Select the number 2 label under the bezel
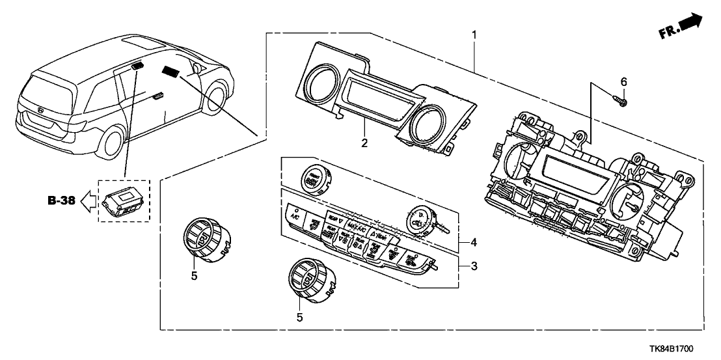click(x=365, y=143)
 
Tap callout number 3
click(x=474, y=266)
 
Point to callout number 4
click(x=474, y=243)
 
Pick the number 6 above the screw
click(x=623, y=82)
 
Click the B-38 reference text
click(x=62, y=201)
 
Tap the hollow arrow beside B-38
click(x=86, y=201)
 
